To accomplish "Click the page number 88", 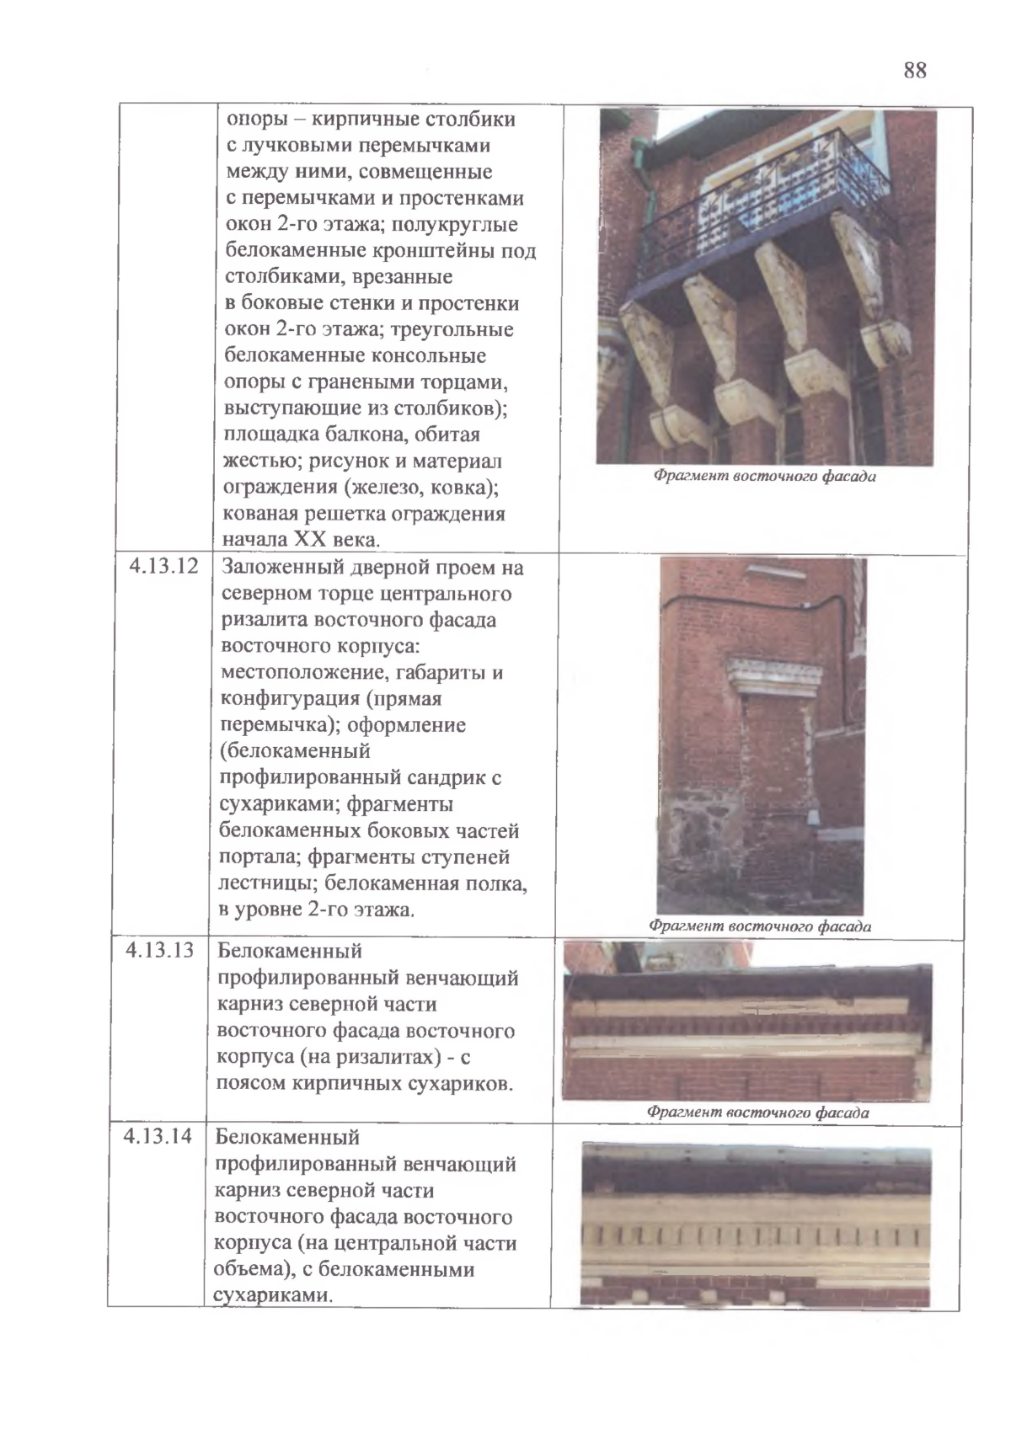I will tap(915, 71).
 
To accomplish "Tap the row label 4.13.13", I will tap(160, 950).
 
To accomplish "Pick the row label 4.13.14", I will tap(158, 1137).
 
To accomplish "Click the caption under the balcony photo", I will tap(764, 477).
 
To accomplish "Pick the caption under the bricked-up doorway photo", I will tap(759, 926).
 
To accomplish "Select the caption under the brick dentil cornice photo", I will tap(757, 1113).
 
